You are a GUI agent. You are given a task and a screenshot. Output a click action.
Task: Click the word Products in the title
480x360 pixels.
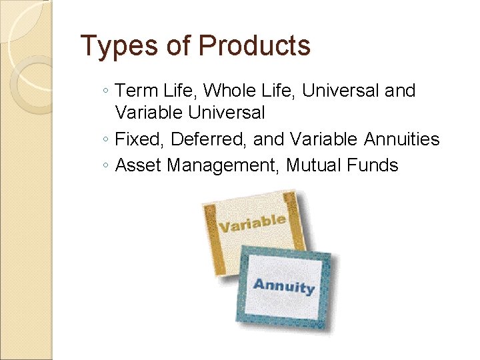tap(255, 46)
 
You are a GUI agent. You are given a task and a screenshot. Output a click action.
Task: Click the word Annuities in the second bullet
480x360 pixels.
tap(402, 139)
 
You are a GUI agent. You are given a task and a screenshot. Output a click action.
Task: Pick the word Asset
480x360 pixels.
tap(139, 165)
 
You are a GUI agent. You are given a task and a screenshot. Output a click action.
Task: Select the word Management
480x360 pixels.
tap(223, 165)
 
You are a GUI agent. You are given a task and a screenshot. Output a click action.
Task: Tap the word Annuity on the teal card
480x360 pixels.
tap(283, 287)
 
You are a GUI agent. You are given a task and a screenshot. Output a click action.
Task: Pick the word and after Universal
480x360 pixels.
tap(400, 91)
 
